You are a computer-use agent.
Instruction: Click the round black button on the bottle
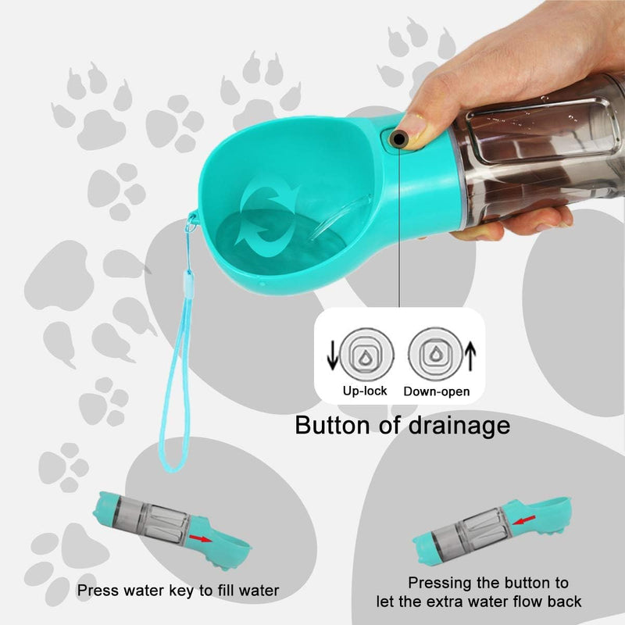pos(399,140)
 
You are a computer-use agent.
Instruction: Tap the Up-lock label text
pos(364,391)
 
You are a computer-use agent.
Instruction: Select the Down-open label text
pos(437,391)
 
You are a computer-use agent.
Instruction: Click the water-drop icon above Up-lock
pos(364,352)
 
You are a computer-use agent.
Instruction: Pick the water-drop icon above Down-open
pos(434,352)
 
